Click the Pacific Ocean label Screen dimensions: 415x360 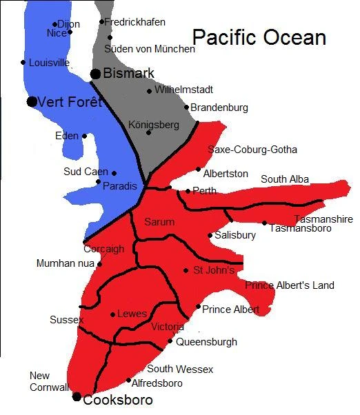[259, 37]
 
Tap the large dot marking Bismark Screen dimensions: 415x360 [95, 74]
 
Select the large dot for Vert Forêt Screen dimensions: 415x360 [32, 102]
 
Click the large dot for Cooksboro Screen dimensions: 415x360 [77, 396]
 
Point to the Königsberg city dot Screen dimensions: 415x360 [148, 132]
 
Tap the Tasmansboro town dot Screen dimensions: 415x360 [264, 223]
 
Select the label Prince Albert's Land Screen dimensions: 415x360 [290, 285]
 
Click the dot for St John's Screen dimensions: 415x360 [186, 270]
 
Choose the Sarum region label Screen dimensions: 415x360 [159, 222]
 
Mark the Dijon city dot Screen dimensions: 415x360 [54, 24]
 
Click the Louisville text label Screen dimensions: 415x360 [49, 63]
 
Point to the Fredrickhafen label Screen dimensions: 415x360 [136, 22]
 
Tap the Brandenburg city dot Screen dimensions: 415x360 [186, 107]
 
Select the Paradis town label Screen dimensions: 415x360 [120, 186]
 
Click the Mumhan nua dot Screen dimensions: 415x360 [100, 263]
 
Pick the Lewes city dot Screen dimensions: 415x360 [112, 314]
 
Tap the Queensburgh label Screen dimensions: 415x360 [206, 342]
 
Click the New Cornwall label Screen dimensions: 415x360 [49, 381]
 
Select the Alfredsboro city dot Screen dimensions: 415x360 [128, 380]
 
